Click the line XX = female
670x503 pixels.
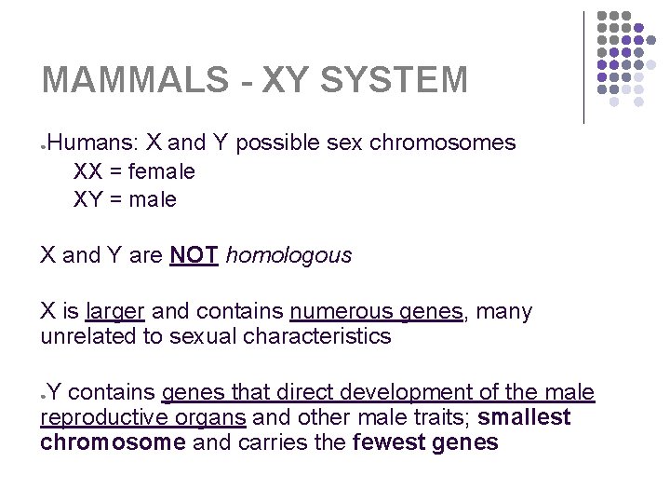pos(134,171)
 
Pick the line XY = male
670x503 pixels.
pos(125,199)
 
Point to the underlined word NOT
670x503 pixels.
pos(194,255)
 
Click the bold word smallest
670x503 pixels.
pos(524,417)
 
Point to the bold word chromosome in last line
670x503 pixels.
pos(113,442)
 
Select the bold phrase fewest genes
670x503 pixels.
pos(426,442)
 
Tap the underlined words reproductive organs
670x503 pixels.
pos(143,417)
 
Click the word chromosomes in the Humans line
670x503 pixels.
pos(442,143)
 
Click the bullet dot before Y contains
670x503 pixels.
pos(44,395)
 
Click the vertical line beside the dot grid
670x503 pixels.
pos(583,67)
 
